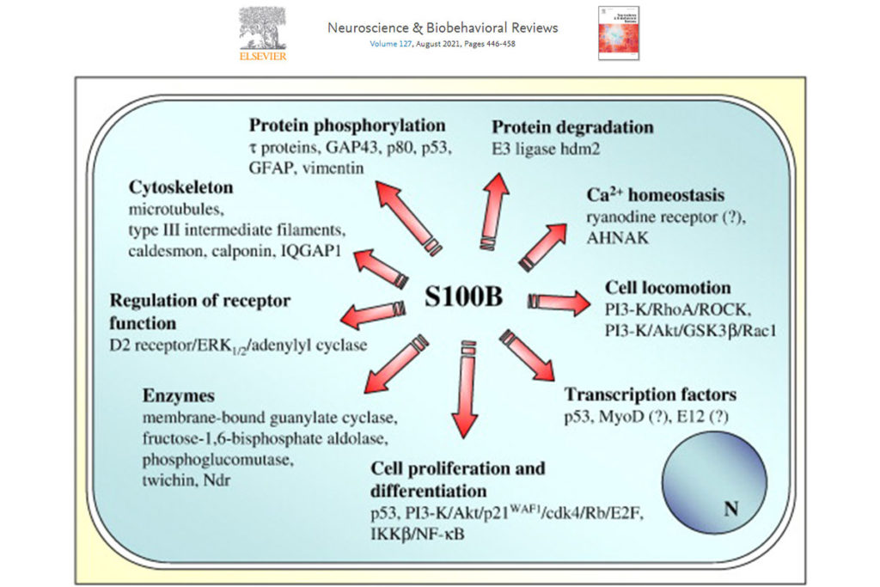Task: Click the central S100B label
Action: point(464,298)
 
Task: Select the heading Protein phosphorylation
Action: point(347,125)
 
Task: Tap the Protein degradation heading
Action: point(572,127)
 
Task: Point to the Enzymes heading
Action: point(179,396)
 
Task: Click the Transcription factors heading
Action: point(650,395)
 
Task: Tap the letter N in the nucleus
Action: point(730,509)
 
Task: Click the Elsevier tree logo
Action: point(262,28)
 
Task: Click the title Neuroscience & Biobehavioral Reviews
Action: point(443,28)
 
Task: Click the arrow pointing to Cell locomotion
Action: point(559,301)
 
